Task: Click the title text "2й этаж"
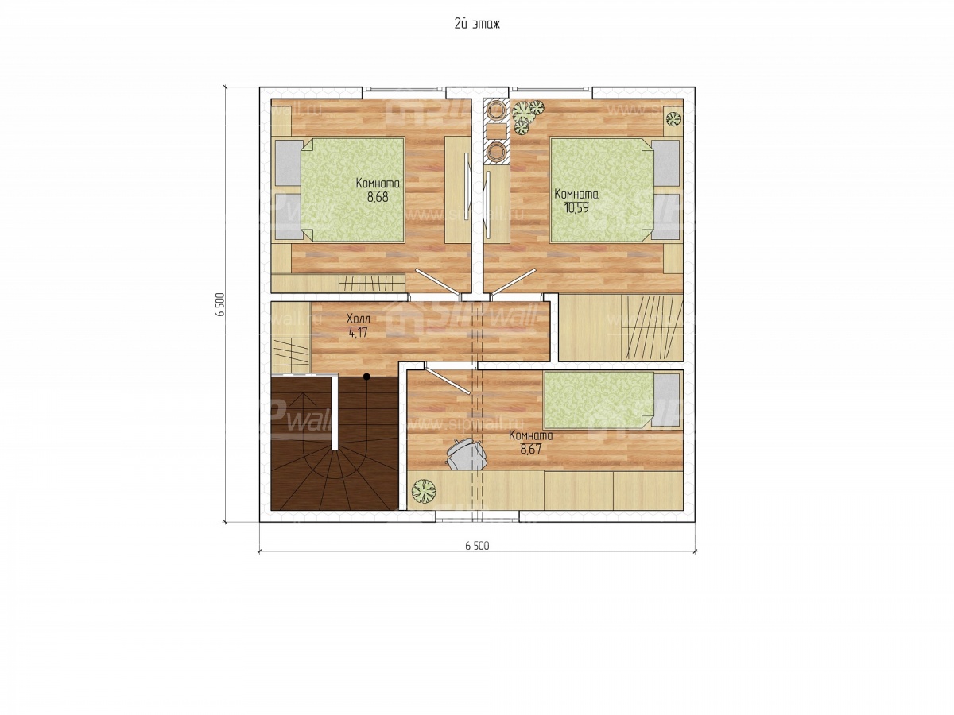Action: pos(477,25)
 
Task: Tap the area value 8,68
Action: pos(378,197)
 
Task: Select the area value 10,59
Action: pos(576,208)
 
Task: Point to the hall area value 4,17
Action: pos(358,333)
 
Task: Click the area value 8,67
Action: pos(531,449)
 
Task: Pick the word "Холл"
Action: pos(358,319)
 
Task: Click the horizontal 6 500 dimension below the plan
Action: pos(477,546)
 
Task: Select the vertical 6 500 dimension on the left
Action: pos(221,304)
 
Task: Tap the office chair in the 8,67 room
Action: pos(464,454)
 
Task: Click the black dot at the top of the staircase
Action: pos(366,377)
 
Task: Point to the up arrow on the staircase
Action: pos(301,400)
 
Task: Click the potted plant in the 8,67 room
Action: pos(423,492)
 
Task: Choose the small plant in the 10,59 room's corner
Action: pos(673,118)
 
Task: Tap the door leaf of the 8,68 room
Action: pos(437,284)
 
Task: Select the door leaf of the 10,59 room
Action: pos(514,283)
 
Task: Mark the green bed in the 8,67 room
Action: pos(599,400)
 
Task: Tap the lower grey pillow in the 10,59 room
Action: pos(665,217)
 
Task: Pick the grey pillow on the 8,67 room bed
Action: pos(667,400)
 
